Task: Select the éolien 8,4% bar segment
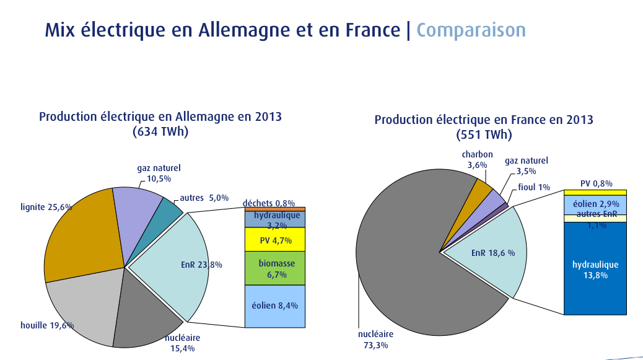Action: [x=275, y=305]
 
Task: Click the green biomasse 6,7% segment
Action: [x=275, y=268]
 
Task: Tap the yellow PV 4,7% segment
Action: [x=275, y=239]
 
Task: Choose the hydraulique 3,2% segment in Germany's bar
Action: [x=275, y=219]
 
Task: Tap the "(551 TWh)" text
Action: [x=484, y=134]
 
